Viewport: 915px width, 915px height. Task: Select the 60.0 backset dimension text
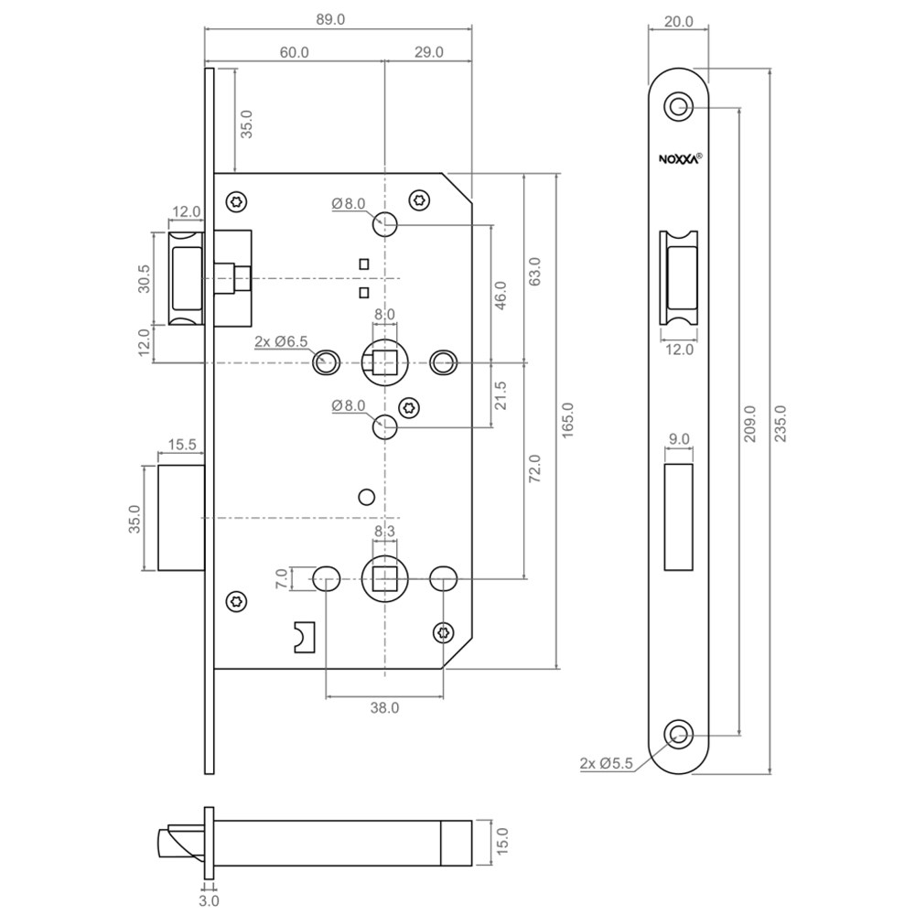coord(294,53)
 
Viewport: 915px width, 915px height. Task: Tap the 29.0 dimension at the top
coord(428,53)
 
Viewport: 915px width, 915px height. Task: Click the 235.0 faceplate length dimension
coord(780,423)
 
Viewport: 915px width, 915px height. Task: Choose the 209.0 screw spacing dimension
coord(750,423)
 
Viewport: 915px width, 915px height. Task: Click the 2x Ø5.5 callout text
coord(606,763)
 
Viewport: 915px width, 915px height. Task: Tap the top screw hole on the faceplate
coord(678,106)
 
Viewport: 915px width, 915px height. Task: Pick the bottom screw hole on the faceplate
coord(678,734)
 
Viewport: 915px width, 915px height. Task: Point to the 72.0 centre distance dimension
coord(535,468)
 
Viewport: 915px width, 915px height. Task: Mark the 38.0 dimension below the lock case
coord(384,707)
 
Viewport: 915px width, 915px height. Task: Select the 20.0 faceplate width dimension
coord(678,20)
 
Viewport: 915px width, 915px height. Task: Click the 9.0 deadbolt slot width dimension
coord(679,439)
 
